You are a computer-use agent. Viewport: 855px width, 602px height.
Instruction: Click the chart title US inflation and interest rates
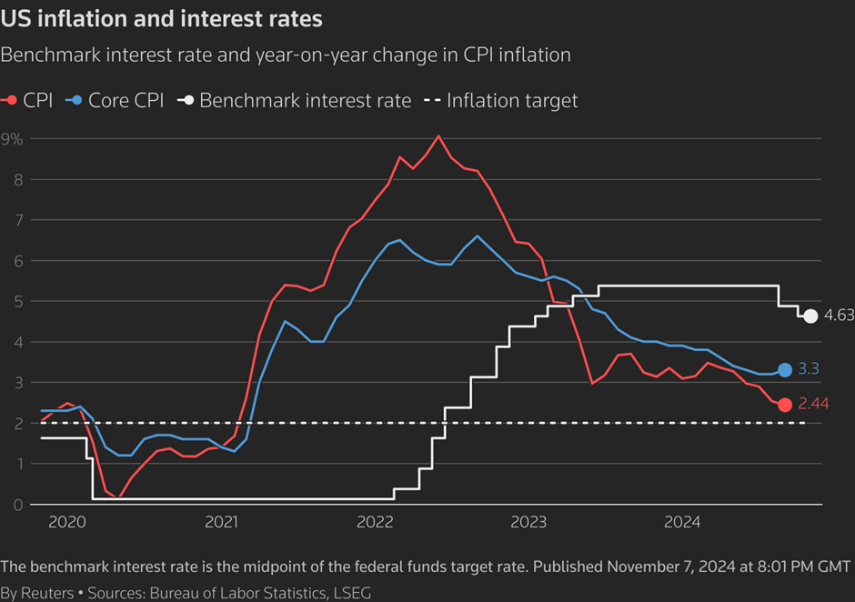161,17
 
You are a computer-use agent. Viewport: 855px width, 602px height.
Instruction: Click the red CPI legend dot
11,101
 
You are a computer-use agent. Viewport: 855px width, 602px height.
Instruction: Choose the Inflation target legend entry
502,101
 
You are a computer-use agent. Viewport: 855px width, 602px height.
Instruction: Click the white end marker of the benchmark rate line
810,316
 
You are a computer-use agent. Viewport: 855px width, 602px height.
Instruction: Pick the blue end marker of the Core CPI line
785,370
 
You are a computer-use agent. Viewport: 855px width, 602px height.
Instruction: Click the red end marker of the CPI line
785,405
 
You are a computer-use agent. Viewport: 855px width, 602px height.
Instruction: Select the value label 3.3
809,370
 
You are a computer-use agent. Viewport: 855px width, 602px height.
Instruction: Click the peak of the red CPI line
438,136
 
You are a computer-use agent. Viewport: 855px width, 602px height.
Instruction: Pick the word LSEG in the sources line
352,593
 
